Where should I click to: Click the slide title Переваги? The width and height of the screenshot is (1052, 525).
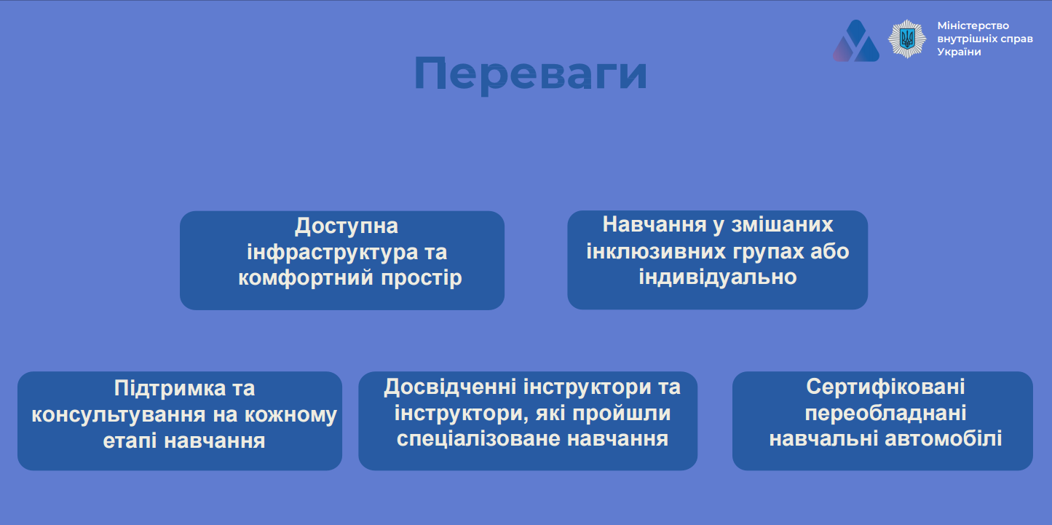(x=531, y=74)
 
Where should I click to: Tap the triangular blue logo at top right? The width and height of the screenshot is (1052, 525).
(x=855, y=42)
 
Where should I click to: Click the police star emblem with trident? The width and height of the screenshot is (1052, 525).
(x=907, y=39)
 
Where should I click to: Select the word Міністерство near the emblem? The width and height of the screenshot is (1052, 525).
(x=973, y=25)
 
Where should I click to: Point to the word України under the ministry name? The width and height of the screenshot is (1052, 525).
(x=959, y=52)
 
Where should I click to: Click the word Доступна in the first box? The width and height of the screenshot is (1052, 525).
(x=346, y=226)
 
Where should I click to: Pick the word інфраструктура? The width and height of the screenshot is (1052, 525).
(x=332, y=252)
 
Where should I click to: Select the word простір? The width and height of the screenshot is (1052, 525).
(x=422, y=278)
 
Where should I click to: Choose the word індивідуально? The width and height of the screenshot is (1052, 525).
(x=718, y=277)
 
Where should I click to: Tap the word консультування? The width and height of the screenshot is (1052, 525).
(x=119, y=414)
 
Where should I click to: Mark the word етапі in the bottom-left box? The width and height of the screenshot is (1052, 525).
(x=130, y=441)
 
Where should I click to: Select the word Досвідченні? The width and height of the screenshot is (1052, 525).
(x=450, y=387)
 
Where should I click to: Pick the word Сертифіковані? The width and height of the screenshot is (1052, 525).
(x=885, y=387)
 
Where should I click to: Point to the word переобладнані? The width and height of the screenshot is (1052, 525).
(x=885, y=414)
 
